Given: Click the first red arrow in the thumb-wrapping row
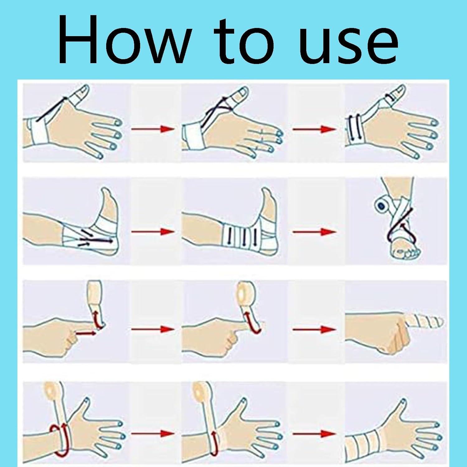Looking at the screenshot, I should [x=153, y=129].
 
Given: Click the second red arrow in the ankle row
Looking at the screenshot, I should [x=314, y=232].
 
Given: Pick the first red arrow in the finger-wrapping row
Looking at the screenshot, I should [x=153, y=329].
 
